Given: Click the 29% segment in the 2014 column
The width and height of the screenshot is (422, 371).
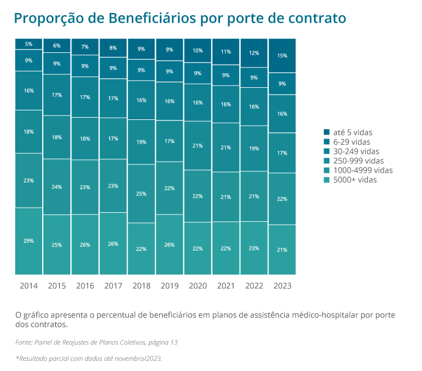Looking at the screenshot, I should coord(29,241).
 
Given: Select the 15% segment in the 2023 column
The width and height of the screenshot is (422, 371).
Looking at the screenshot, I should coord(282,56).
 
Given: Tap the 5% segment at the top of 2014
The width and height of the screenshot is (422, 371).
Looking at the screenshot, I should coord(29,44).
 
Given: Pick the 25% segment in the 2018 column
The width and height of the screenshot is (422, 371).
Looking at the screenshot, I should coord(141,194).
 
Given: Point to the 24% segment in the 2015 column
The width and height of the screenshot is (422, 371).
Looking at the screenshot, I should coord(57,187).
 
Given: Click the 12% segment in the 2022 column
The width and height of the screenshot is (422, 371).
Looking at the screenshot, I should coord(254,53).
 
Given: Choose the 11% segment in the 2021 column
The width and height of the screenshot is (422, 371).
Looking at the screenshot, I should coord(226,52).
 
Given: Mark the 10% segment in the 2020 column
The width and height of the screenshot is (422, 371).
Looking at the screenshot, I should coord(197,51).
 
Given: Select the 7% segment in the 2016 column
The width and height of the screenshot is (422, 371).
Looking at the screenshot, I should coord(85,47).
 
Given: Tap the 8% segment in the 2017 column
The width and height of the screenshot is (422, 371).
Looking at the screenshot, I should coord(113,48).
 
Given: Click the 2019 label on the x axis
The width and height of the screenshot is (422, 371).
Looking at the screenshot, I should coord(169,286).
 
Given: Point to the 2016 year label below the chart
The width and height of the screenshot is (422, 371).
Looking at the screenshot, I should coord(85,286).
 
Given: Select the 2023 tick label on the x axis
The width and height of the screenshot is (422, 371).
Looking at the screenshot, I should coord(282,286).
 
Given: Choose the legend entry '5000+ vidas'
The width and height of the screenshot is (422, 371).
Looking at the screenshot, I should coord(354,180).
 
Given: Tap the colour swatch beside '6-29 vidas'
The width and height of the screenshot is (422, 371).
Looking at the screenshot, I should coord(327,142).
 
